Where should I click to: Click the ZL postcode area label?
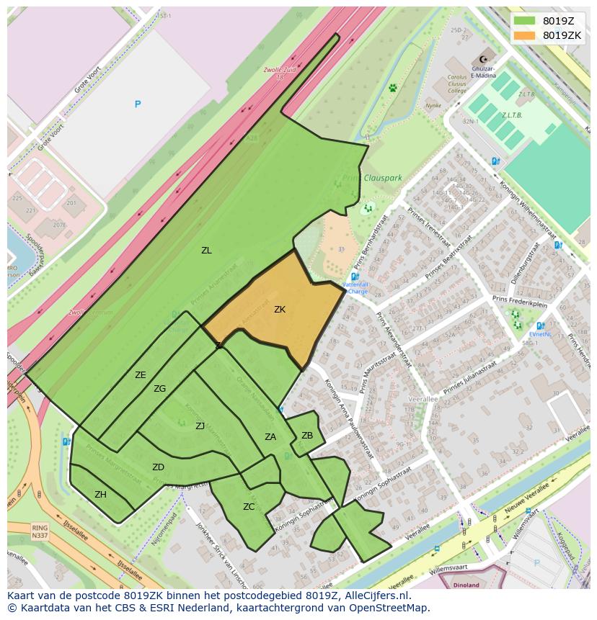coord(206,251)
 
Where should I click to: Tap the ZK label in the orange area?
coord(280,310)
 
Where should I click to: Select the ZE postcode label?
coord(141,374)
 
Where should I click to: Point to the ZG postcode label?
coord(159,389)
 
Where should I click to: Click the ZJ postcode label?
coord(200,426)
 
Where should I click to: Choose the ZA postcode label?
coord(270,436)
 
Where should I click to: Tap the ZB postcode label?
coord(307,435)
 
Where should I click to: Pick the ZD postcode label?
coord(158,467)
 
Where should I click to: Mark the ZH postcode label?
coord(100,495)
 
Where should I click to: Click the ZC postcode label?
coord(249,507)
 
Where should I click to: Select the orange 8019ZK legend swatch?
coord(524,35)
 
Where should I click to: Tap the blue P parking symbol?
coord(137,104)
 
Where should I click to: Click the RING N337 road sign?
coord(40,531)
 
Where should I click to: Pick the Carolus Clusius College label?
coord(456,84)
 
